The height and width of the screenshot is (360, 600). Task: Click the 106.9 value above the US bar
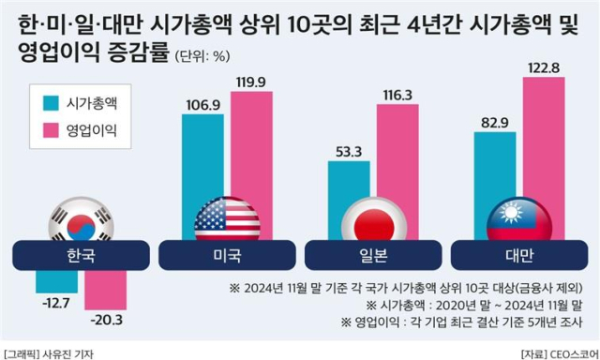[x=203, y=105]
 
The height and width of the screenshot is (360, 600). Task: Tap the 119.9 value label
[x=250, y=82]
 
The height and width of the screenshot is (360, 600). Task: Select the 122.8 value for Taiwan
[x=544, y=67]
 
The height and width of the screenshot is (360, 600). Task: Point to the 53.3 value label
[x=349, y=152]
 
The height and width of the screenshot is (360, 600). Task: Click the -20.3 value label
[x=107, y=320]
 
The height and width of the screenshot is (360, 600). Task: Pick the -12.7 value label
[x=56, y=303]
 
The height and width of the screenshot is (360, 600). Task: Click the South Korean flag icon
[x=82, y=219]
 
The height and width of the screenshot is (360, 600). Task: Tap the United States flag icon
[x=227, y=219]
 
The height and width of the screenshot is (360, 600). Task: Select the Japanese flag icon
[x=374, y=219]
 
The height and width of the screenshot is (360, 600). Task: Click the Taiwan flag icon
[x=519, y=219]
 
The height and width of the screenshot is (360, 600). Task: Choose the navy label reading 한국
[x=82, y=255]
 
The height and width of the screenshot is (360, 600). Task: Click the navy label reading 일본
[x=373, y=255]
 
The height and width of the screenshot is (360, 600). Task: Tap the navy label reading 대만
[x=519, y=255]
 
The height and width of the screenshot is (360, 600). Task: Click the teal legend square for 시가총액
[x=51, y=103]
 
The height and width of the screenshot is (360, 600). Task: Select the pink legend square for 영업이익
[x=51, y=130]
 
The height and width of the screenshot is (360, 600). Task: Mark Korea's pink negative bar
[x=106, y=290]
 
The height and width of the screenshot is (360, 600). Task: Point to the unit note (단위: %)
[x=202, y=56]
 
